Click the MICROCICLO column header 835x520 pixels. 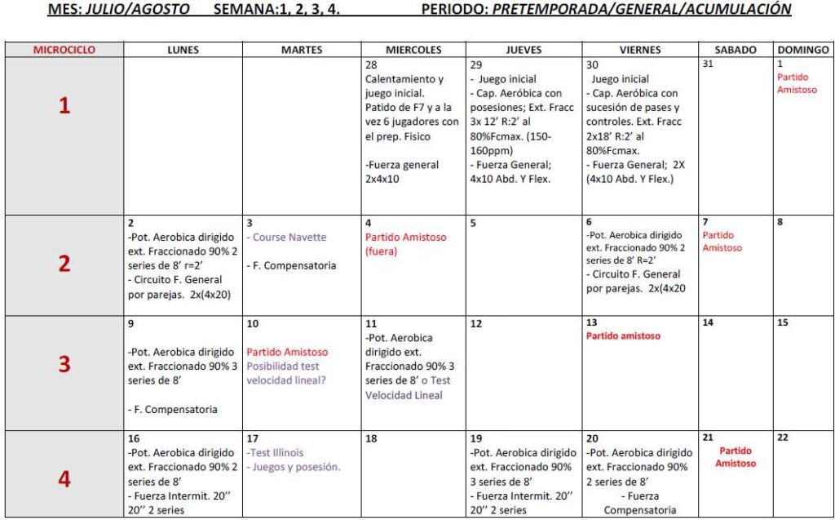pyautogui.click(x=64, y=50)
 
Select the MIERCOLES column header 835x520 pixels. pyautogui.click(x=413, y=50)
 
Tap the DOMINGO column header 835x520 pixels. pyautogui.click(x=803, y=50)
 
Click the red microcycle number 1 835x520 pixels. pyautogui.click(x=64, y=106)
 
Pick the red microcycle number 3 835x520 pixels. pyautogui.click(x=64, y=364)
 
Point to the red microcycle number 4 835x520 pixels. pyautogui.click(x=64, y=479)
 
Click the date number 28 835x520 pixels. pyautogui.click(x=371, y=64)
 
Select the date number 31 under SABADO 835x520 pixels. pyautogui.click(x=708, y=64)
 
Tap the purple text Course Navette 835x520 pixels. pyautogui.click(x=289, y=238)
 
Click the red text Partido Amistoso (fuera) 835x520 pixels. pyautogui.click(x=406, y=244)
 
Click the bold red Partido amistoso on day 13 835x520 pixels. pyautogui.click(x=623, y=336)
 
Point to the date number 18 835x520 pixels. pyautogui.click(x=371, y=438)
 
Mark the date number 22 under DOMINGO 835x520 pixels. pyautogui.click(x=783, y=438)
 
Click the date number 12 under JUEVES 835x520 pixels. pyautogui.click(x=476, y=323)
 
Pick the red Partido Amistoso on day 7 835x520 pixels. pyautogui.click(x=722, y=241)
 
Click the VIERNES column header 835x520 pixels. pyautogui.click(x=640, y=50)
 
